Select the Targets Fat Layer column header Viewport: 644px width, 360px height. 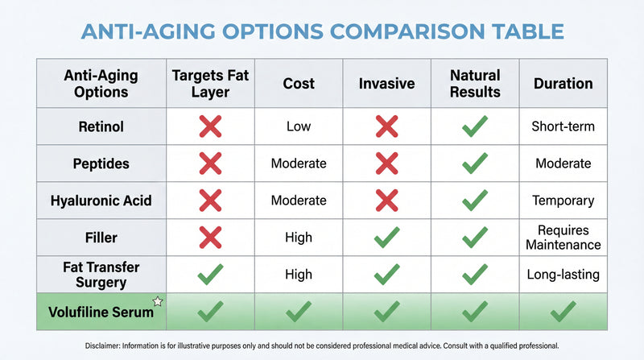pos(210,84)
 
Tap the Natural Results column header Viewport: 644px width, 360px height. pos(475,84)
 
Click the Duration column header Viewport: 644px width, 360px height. pos(563,84)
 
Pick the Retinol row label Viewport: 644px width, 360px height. pos(101,126)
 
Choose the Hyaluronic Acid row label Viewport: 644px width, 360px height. pos(101,200)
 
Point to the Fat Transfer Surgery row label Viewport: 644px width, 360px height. pos(101,274)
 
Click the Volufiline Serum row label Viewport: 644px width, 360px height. pos(98,311)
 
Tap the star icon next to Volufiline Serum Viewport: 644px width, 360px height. pos(158,301)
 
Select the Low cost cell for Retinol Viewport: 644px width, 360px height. pos(299,126)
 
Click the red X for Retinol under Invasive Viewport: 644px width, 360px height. pos(386,126)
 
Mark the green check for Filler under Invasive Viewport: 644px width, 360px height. pos(386,237)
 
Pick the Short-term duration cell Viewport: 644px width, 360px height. pos(563,126)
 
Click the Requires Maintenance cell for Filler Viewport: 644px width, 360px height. pos(563,237)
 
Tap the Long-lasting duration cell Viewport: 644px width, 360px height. pos(563,274)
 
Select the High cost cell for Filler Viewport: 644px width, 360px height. pos(299,237)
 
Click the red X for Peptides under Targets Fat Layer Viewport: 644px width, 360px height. pos(210,163)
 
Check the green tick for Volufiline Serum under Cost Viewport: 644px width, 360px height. pos(299,311)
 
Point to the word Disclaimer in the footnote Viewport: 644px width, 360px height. pos(108,346)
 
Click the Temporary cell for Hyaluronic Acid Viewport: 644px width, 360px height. pos(563,200)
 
